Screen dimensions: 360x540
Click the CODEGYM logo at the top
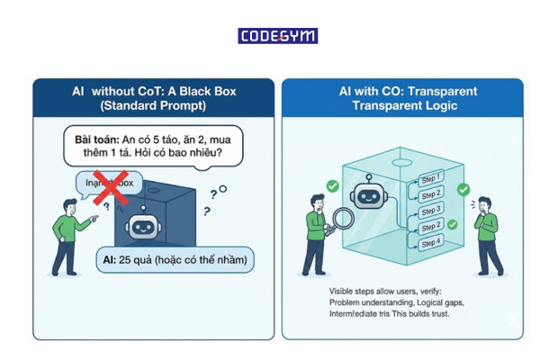[x=277, y=36]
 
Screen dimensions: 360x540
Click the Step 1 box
[x=430, y=178]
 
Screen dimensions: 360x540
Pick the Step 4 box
[x=430, y=243]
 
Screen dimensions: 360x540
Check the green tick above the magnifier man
[x=334, y=184]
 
